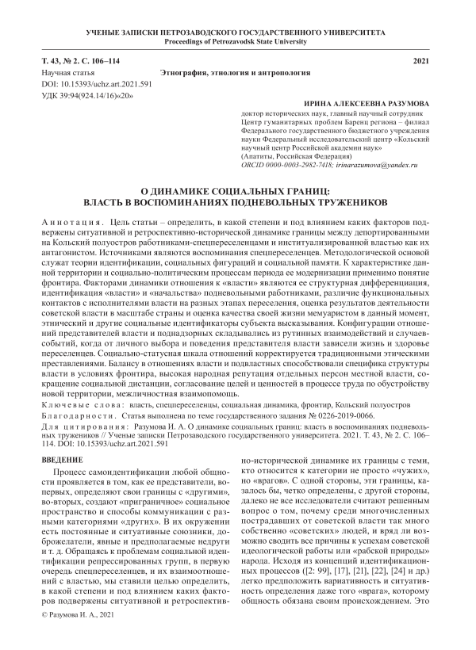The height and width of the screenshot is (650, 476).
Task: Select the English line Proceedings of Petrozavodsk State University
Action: point(237,41)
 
